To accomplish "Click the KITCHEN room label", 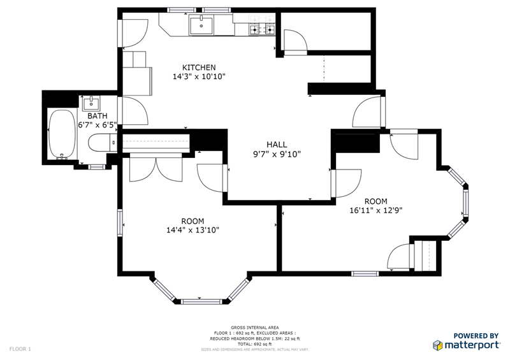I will [x=199, y=68].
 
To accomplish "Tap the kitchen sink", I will [x=201, y=26].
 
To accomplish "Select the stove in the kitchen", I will [x=263, y=29].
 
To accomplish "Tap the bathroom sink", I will [x=90, y=103].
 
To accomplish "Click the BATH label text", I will [x=98, y=116].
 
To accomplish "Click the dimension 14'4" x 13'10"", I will [x=192, y=231].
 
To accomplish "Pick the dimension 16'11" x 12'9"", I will [x=375, y=210].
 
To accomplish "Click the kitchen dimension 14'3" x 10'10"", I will [x=199, y=76].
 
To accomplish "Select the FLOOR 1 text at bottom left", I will [x=20, y=349].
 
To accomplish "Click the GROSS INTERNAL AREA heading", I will [x=254, y=328].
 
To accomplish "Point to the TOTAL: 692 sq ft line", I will [x=254, y=344].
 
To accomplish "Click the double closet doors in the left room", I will [x=155, y=169].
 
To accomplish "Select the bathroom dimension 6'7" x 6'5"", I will [x=98, y=126].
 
